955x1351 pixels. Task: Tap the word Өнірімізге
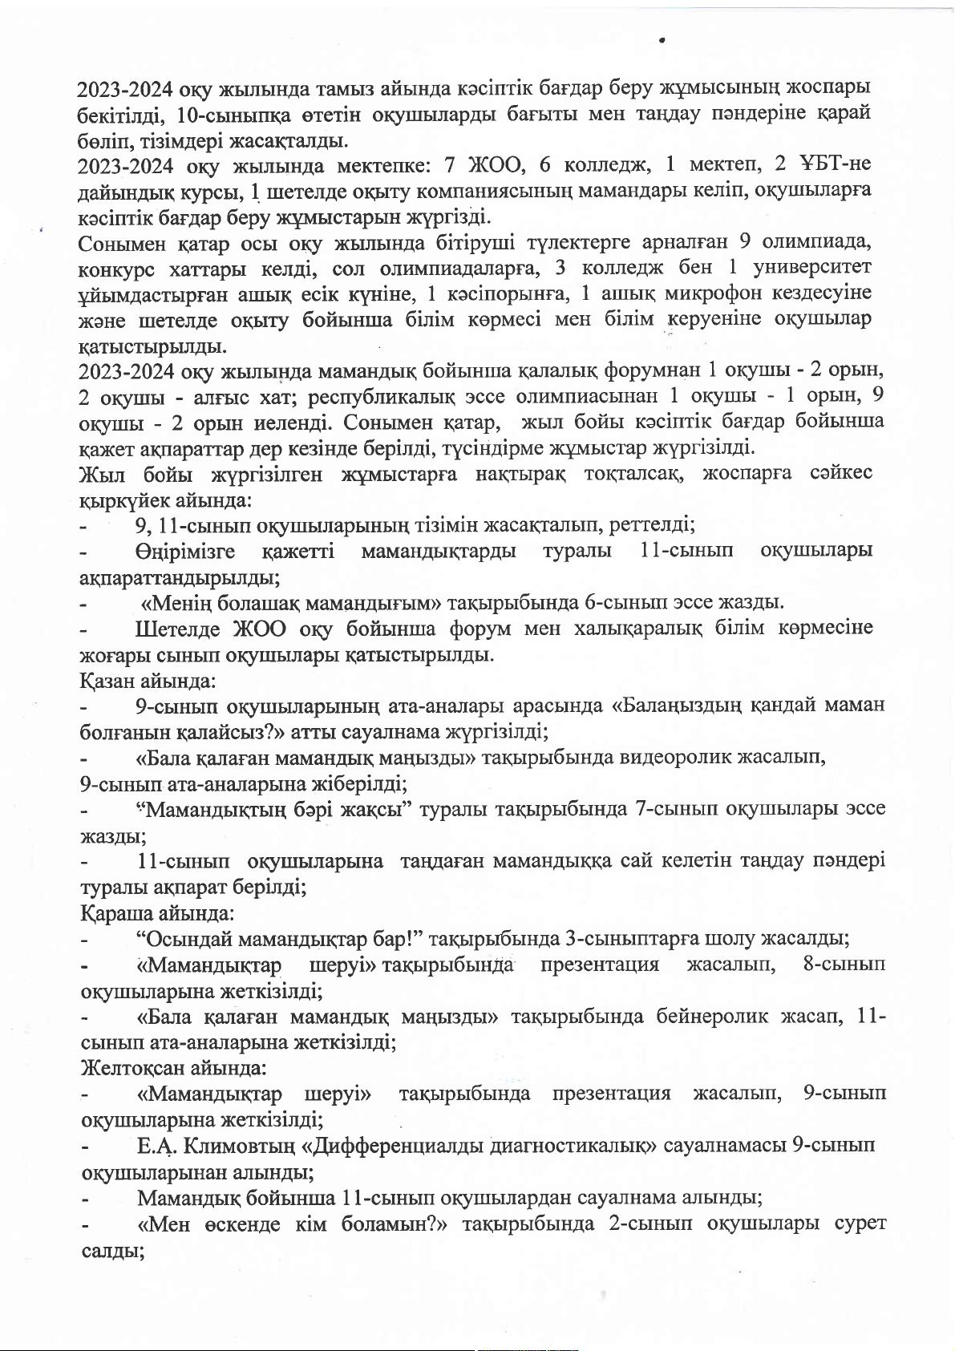pos(185,551)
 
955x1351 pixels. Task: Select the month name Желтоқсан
pos(133,1068)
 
